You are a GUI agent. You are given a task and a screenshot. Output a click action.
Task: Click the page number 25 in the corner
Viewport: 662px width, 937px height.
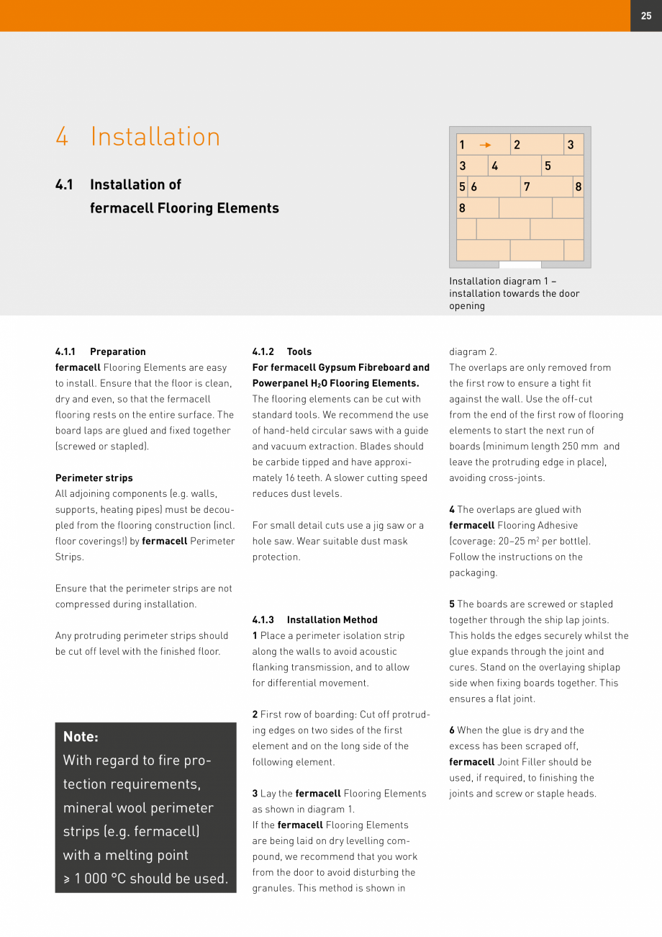pyautogui.click(x=645, y=15)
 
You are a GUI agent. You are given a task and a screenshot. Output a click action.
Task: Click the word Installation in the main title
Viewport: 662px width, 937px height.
pyautogui.click(x=155, y=137)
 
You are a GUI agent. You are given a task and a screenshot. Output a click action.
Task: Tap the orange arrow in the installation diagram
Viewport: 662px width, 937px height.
pyautogui.click(x=485, y=145)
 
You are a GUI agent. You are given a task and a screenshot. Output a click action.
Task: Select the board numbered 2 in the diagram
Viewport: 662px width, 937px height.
pyautogui.click(x=537, y=145)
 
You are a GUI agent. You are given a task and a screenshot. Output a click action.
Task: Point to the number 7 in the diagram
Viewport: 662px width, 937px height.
pyautogui.click(x=527, y=187)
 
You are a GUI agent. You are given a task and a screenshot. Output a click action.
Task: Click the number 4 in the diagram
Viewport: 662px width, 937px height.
pyautogui.click(x=494, y=166)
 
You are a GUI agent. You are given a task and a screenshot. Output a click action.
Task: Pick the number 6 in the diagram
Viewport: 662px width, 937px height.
pyautogui.click(x=473, y=187)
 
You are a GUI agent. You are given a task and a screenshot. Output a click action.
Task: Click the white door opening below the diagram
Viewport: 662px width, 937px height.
pyautogui.click(x=520, y=265)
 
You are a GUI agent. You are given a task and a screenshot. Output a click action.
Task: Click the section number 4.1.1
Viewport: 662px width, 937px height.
pyautogui.click(x=65, y=352)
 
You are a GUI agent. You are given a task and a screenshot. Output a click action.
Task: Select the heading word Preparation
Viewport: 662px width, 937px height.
pyautogui.click(x=118, y=352)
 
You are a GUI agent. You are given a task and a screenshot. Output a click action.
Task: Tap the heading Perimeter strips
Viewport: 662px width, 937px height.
pyautogui.click(x=94, y=478)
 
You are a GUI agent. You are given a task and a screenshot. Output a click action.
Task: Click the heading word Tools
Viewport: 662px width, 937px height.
pyautogui.click(x=299, y=352)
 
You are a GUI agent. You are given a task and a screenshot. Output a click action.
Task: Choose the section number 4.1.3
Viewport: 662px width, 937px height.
pyautogui.click(x=263, y=620)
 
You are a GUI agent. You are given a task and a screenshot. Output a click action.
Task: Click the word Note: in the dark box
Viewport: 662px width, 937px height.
pyautogui.click(x=81, y=737)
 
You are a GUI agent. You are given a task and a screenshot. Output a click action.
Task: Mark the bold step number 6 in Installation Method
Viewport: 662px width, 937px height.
pyautogui.click(x=452, y=730)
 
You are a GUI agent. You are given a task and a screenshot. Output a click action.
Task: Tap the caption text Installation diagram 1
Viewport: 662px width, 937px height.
pyautogui.click(x=499, y=282)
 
